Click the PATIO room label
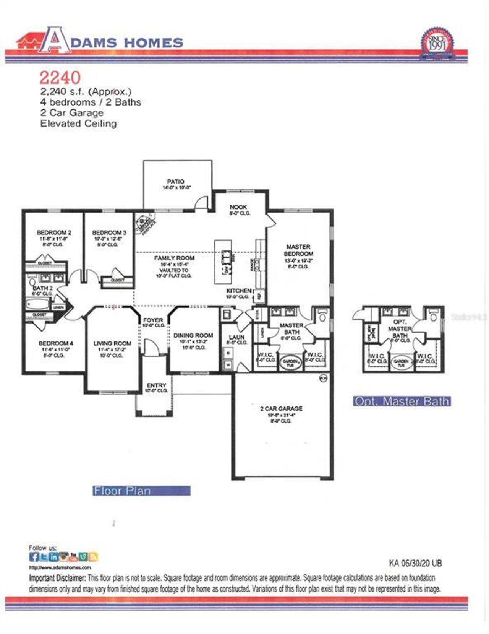[176, 182]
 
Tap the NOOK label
[238, 207]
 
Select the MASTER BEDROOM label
[298, 250]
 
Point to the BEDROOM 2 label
[54, 232]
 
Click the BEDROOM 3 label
[109, 232]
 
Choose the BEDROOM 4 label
[56, 343]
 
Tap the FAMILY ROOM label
[174, 258]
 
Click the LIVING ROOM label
[112, 343]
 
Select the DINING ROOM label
[193, 335]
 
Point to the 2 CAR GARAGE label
[281, 408]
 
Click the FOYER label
[153, 320]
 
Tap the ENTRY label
[156, 385]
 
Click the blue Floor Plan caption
[141, 491]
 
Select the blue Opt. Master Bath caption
[402, 402]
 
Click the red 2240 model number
[60, 78]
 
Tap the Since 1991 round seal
[438, 44]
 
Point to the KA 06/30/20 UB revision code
[415, 563]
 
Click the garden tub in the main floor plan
[290, 363]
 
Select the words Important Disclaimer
[57, 578]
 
